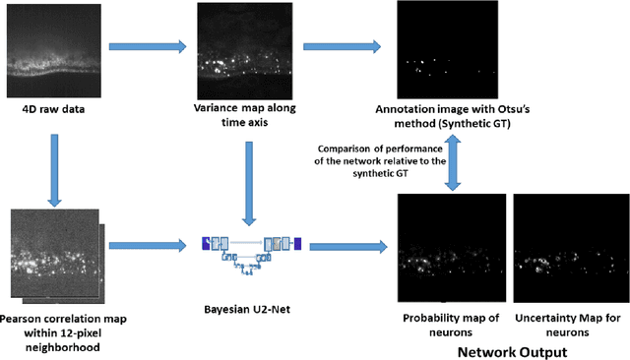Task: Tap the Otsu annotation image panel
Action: point(445,49)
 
